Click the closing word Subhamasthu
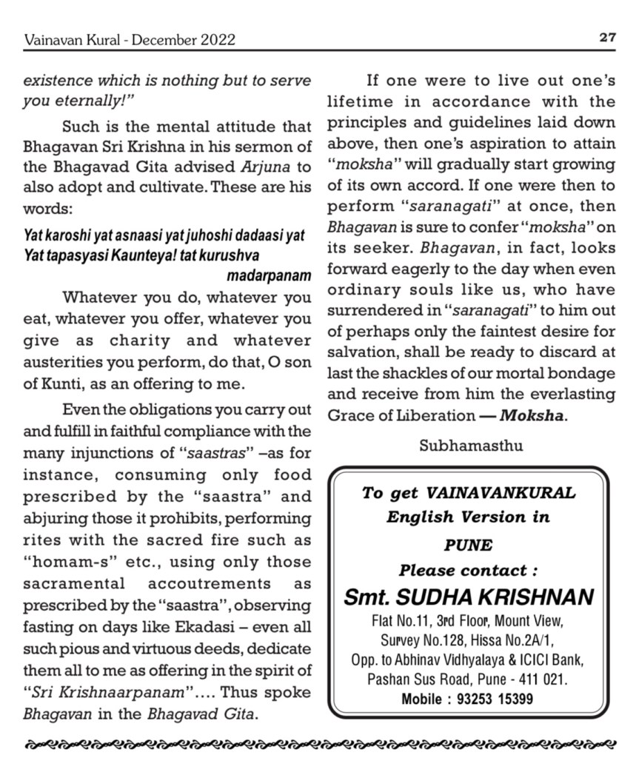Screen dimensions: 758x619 coord(470,446)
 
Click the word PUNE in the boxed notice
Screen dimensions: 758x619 coord(469,546)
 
